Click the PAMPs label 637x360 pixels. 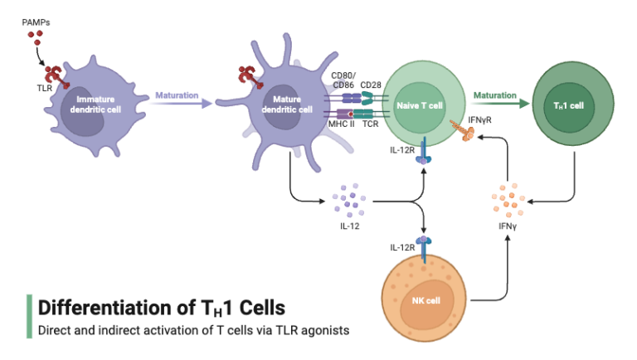coord(36,21)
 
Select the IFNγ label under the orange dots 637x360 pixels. coord(507,224)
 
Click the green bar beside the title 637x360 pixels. coord(29,316)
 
